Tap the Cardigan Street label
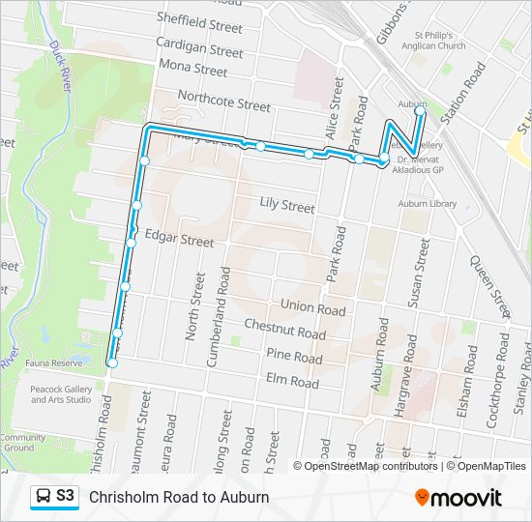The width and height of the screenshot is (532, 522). point(199,49)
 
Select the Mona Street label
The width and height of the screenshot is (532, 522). point(195,70)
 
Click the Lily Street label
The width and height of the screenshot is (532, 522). point(287,206)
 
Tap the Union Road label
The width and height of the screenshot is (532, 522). point(312,308)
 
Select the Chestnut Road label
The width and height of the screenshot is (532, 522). point(284,331)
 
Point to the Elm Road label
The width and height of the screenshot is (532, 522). point(292,382)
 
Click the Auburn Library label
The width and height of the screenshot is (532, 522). point(427,204)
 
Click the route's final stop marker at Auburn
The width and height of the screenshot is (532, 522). point(420,111)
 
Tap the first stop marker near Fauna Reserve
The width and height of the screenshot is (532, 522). point(112,363)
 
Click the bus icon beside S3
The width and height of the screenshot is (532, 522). point(44,496)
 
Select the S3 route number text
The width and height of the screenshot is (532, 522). point(66,496)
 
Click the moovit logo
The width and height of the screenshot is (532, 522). point(458,498)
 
